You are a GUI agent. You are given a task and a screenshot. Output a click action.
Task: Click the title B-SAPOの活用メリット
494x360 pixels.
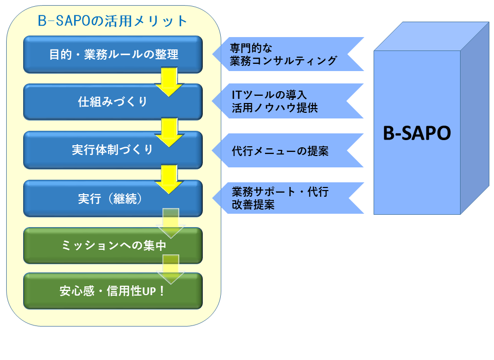pyautogui.click(x=113, y=21)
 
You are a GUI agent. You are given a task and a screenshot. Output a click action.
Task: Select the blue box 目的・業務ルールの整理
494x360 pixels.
pyautogui.click(x=113, y=54)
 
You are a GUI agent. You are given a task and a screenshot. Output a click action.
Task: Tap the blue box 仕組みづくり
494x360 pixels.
pyautogui.click(x=113, y=101)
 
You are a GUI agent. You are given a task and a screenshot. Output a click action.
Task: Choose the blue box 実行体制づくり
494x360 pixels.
pyautogui.click(x=113, y=150)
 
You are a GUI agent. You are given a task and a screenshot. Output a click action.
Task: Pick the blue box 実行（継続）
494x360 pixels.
pyautogui.click(x=113, y=199)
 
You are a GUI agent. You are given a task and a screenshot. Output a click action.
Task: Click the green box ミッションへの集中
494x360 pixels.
pyautogui.click(x=113, y=246)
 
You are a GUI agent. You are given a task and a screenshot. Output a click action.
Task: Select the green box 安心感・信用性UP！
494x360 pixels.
pyautogui.click(x=113, y=291)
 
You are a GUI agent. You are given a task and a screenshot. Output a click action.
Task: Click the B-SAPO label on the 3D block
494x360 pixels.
pyautogui.click(x=417, y=133)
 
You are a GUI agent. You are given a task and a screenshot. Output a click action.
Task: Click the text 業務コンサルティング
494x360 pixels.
pyautogui.click(x=284, y=61)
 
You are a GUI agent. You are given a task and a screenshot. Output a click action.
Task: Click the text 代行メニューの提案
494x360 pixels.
pyautogui.click(x=280, y=151)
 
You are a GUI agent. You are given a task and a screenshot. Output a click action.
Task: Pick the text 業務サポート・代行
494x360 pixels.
pyautogui.click(x=280, y=192)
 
